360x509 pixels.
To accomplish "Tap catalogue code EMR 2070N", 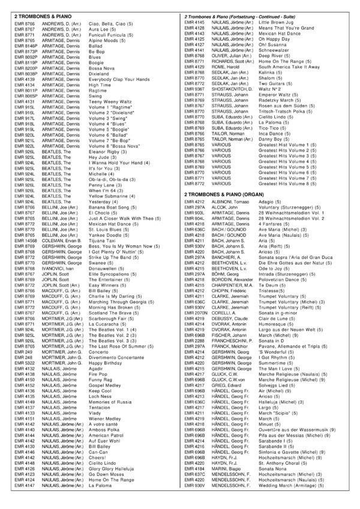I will [196, 312].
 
